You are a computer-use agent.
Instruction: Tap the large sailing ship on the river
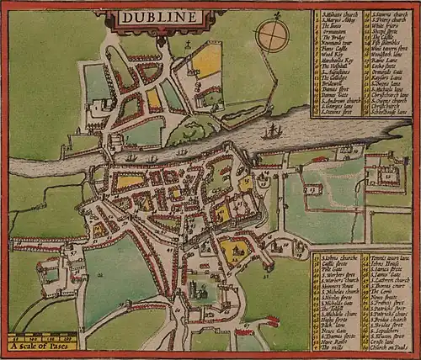(x=271, y=132)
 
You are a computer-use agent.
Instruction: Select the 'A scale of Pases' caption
(x=42, y=344)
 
